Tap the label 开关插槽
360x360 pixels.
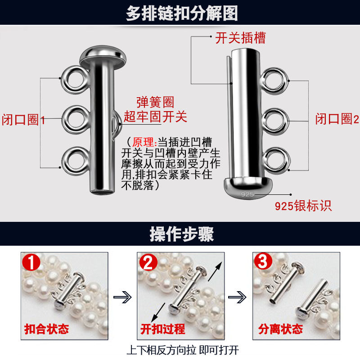(x=241, y=38)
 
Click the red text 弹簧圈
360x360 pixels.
(x=155, y=102)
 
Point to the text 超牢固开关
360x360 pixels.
(x=155, y=117)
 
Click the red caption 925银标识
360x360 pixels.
(x=303, y=206)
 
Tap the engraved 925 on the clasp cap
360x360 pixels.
(x=248, y=194)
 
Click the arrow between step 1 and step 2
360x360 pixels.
(x=122, y=297)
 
